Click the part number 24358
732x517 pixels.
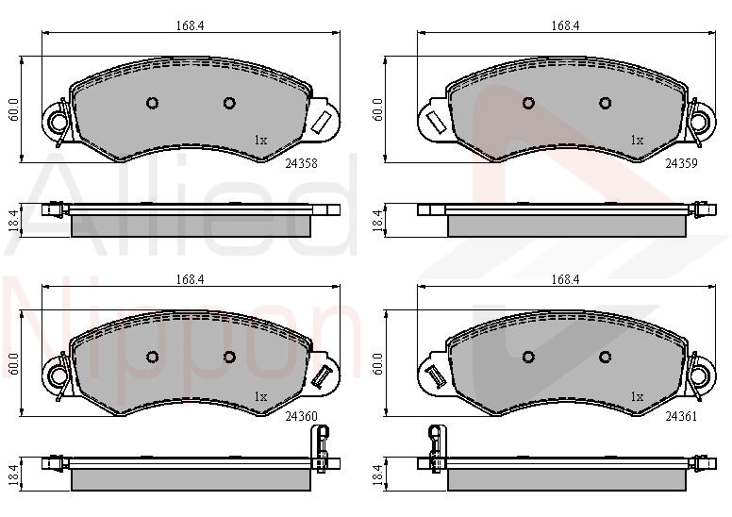point(301,163)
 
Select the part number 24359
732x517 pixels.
point(681,163)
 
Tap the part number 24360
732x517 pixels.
point(301,416)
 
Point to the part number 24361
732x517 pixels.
point(681,416)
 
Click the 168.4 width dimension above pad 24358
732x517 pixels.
point(190,25)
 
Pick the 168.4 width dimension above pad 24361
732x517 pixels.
point(565,279)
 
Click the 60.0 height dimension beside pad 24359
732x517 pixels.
point(377,109)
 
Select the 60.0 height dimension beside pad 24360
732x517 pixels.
point(13,364)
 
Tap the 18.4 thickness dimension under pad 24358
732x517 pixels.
point(13,220)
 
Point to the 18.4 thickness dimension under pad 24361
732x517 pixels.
point(377,475)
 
